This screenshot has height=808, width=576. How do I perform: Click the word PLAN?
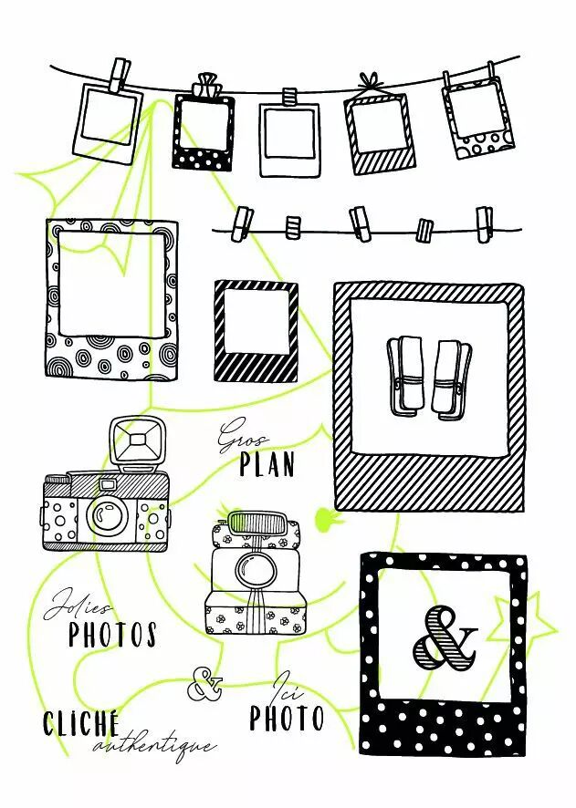[267, 464]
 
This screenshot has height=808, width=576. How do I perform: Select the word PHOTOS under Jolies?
[113, 634]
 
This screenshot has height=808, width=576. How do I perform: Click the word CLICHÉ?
[81, 723]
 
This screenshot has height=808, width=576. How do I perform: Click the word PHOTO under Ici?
[287, 718]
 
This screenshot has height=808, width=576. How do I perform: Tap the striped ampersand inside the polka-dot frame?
[445, 638]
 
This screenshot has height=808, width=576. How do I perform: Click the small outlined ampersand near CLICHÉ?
[204, 684]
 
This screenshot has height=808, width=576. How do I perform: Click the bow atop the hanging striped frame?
[371, 82]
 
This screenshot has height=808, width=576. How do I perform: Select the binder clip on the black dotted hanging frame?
[205, 85]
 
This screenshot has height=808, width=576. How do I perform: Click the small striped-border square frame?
[257, 331]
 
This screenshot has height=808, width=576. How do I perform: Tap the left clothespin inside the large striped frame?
[405, 375]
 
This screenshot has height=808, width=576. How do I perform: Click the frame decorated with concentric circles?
[112, 300]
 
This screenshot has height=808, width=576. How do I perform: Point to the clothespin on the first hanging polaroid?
[119, 75]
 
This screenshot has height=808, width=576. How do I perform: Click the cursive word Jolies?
[79, 606]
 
